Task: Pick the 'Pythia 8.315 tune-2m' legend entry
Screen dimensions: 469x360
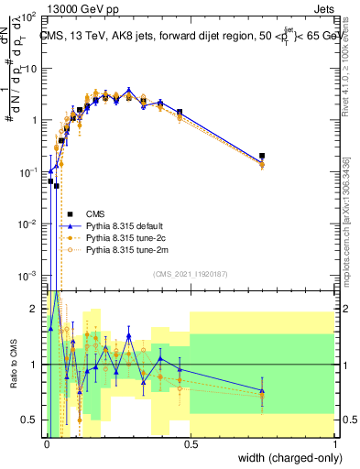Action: [x=125, y=249]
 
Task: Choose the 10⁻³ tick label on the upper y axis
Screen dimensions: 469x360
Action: [x=29, y=276]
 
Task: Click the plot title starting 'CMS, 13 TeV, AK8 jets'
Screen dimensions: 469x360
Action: [x=190, y=37]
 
